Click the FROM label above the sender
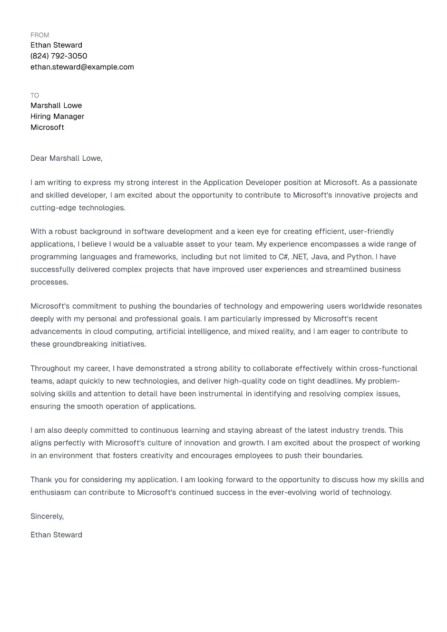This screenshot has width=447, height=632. [x=39, y=35]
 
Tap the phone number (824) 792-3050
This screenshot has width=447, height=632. [x=58, y=56]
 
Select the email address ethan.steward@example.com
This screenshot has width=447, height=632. [x=82, y=67]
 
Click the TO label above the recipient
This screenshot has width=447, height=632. [x=35, y=96]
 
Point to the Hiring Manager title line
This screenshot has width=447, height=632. [x=57, y=117]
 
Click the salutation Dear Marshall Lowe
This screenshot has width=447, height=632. [x=66, y=158]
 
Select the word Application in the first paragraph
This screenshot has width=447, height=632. [x=223, y=183]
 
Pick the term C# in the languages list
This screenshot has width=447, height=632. [x=283, y=257]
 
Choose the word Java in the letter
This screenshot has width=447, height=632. [x=320, y=257]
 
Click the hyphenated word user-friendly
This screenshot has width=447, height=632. [x=371, y=232]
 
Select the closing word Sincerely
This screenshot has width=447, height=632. [x=47, y=516]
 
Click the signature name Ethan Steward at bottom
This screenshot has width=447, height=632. [x=56, y=535]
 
